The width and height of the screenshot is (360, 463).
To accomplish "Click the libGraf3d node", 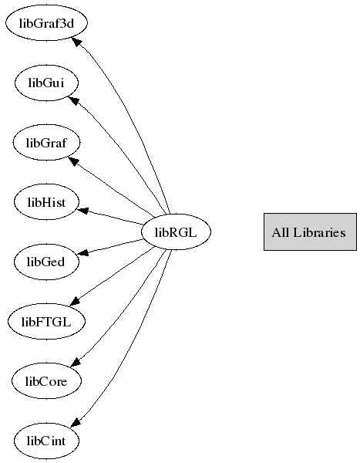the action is point(46,22).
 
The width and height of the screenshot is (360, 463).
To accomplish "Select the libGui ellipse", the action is point(46,83).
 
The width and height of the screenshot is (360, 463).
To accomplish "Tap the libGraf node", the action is point(46,142).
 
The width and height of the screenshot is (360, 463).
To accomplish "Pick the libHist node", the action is point(46,202).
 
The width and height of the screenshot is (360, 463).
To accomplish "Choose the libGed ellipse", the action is point(46,262).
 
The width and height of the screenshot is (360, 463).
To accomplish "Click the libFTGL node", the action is point(46,321).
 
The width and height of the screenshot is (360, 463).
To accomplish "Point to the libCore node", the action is point(46,381).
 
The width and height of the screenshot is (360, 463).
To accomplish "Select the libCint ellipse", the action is point(46,441).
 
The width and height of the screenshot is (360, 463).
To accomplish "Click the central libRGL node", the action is point(177,231).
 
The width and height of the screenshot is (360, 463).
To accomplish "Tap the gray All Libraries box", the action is point(310,231).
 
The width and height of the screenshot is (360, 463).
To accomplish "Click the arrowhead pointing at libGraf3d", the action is point(76,42).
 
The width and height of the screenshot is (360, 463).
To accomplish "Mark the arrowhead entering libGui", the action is point(74,100).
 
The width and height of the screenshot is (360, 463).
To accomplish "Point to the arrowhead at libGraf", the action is point(74,161).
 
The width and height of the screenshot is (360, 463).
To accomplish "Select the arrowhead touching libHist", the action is point(82,211).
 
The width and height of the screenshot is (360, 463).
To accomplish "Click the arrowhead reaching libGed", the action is point(82,253).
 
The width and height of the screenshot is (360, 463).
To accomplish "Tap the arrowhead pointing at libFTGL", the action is point(75,301).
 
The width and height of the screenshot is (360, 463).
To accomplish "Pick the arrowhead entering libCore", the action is point(76,363).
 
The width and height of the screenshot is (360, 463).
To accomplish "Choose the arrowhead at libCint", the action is point(76,422).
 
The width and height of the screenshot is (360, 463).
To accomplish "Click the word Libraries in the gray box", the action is point(319,232).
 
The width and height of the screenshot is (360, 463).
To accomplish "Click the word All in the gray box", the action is point(281,232).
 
